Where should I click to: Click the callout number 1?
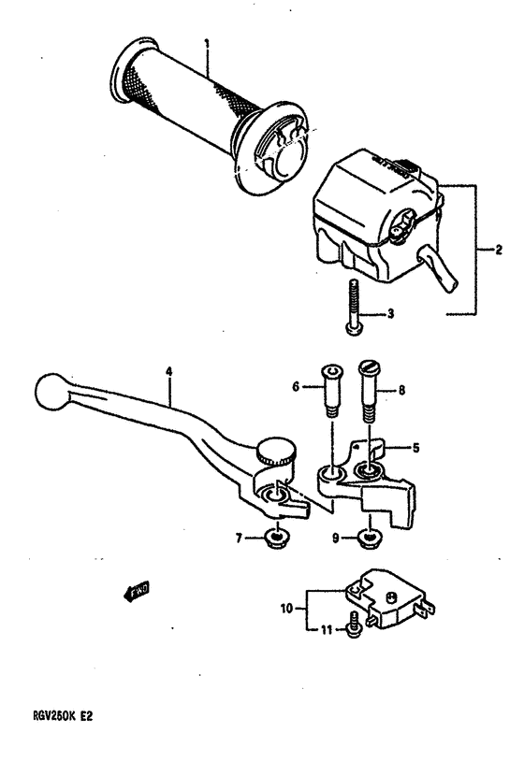[x=207, y=42]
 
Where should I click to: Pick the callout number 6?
[x=296, y=384]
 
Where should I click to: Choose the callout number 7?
[x=239, y=537]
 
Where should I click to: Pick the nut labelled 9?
[x=371, y=537]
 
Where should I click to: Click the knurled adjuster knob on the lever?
[x=274, y=452]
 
